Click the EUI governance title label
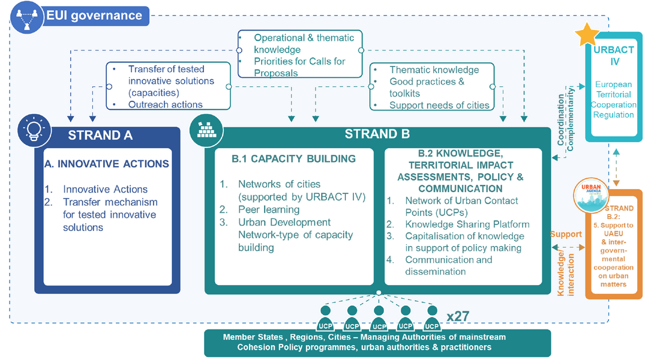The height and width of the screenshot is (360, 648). pyautogui.click(x=94, y=16)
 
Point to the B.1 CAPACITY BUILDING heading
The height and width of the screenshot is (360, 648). pyautogui.click(x=293, y=159)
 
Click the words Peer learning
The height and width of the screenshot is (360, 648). pyautogui.click(x=268, y=209)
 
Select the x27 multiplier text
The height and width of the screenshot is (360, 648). pyautogui.click(x=458, y=316)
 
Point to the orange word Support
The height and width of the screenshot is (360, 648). pyautogui.click(x=565, y=234)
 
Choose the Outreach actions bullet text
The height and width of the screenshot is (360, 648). pyautogui.click(x=165, y=104)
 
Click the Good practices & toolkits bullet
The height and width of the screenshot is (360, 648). pyautogui.click(x=427, y=88)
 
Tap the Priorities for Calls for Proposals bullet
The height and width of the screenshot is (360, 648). pyautogui.click(x=300, y=67)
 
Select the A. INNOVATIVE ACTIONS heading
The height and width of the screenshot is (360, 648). pyautogui.click(x=107, y=164)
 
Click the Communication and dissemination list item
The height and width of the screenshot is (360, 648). pyautogui.click(x=448, y=266)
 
